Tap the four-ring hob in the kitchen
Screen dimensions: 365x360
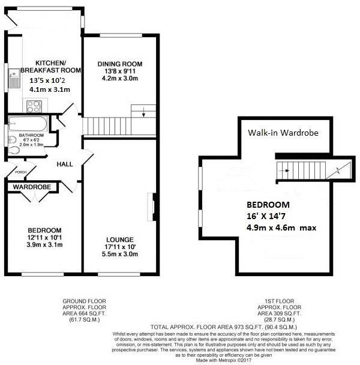(x=33, y=106)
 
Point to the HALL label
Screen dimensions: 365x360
(x=65, y=164)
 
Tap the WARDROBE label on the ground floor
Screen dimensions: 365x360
(x=32, y=187)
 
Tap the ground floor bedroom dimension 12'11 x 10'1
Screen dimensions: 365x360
(x=43, y=238)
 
